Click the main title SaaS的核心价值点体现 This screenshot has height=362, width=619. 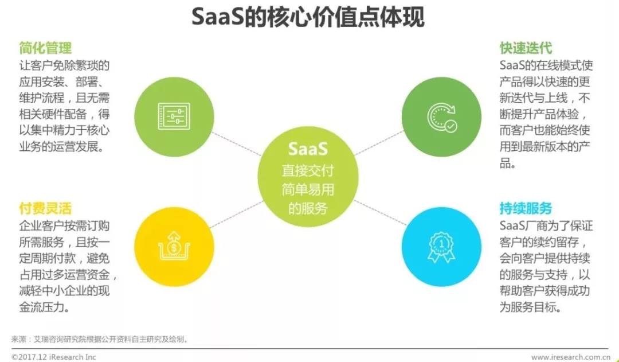click(x=308, y=17)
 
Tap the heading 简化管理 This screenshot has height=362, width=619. click(x=45, y=48)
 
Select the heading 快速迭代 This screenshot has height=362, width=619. click(x=526, y=48)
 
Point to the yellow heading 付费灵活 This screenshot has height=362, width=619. click(x=45, y=208)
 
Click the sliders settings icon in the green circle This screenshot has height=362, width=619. click(x=174, y=116)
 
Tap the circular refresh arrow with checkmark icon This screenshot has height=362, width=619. click(x=442, y=117)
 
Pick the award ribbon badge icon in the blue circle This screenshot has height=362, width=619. click(x=441, y=247)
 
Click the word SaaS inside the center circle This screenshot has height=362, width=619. click(x=308, y=149)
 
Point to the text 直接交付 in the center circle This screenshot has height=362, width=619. click(x=308, y=170)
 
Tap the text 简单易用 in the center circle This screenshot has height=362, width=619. click(x=308, y=189)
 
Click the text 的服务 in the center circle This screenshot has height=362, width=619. click(x=308, y=208)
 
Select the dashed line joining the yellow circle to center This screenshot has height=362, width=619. click(x=237, y=215)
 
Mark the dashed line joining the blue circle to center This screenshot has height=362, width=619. click(x=380, y=213)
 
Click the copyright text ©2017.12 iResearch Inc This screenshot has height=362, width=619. click(x=54, y=357)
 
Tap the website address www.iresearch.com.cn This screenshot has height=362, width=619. click(x=569, y=357)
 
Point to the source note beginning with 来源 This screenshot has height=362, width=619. click(x=100, y=339)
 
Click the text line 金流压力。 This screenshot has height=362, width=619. click(x=45, y=307)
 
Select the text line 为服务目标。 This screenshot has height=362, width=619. click(x=530, y=307)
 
